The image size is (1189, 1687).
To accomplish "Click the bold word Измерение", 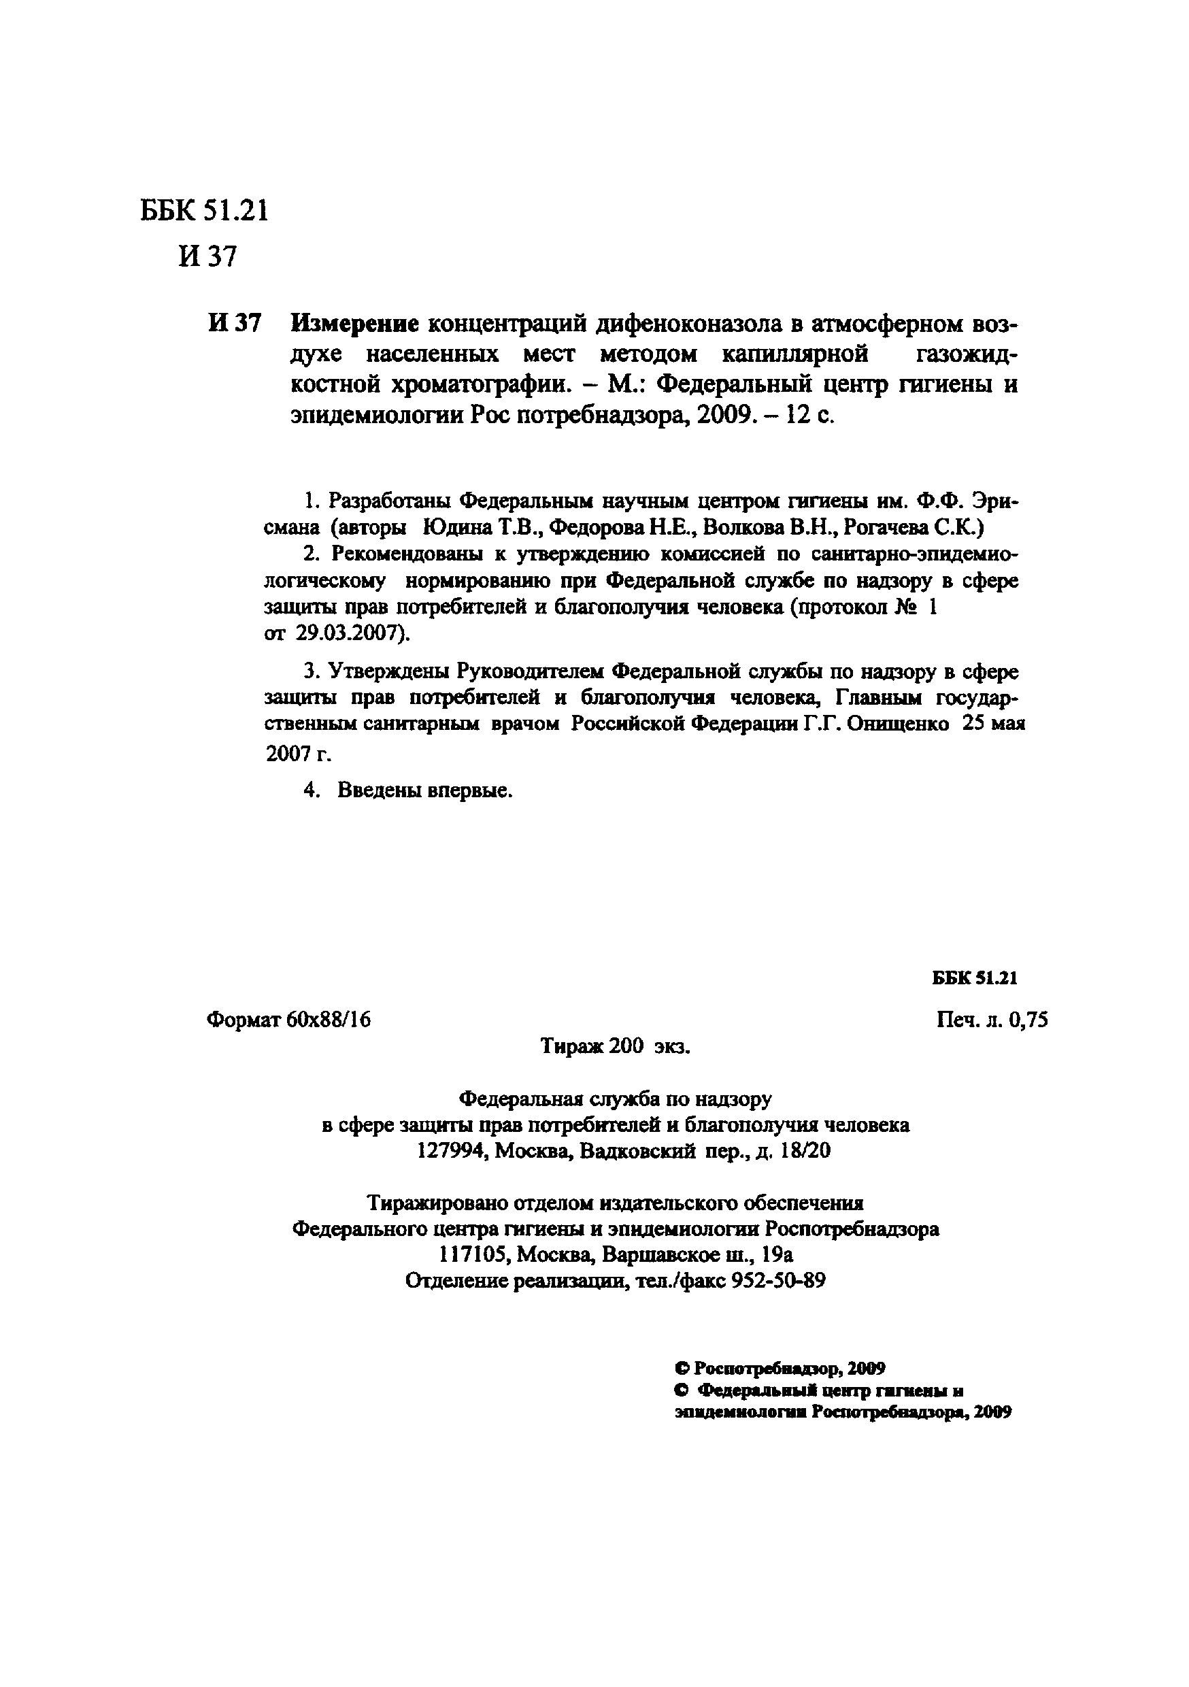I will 355,323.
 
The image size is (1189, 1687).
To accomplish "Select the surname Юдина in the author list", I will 450,528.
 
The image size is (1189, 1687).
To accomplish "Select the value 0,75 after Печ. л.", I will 1028,1020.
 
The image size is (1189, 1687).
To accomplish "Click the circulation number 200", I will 625,1046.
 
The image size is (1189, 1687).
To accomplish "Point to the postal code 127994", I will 452,1150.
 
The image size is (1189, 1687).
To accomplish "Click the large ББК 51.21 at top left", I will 204,212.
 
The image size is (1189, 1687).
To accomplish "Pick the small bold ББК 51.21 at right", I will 975,978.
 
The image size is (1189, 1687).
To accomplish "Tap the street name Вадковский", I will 637,1150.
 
